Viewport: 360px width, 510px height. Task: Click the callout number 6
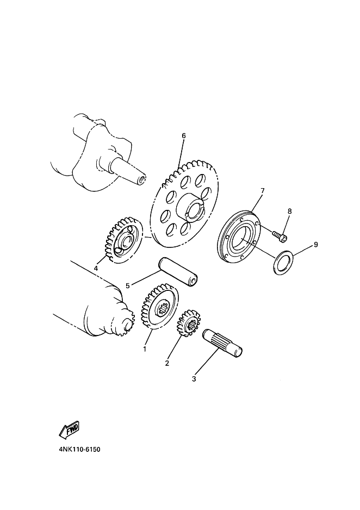point(183,135)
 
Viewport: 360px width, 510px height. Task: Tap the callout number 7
point(263,190)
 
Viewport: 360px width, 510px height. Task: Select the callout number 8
point(289,211)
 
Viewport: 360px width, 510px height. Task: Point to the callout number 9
point(315,244)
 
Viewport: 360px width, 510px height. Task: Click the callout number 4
point(96,268)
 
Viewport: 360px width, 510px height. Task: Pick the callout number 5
point(128,285)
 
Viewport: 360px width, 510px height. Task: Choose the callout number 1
point(145,349)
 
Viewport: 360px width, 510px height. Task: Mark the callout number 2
point(167,363)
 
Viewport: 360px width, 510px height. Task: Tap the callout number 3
point(194,379)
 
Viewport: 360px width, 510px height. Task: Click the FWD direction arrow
point(69,430)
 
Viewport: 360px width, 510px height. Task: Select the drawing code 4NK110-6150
point(80,450)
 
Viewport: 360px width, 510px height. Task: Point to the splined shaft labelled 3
point(222,344)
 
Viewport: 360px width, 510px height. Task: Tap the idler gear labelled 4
point(123,240)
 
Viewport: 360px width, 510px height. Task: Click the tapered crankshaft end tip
point(142,180)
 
